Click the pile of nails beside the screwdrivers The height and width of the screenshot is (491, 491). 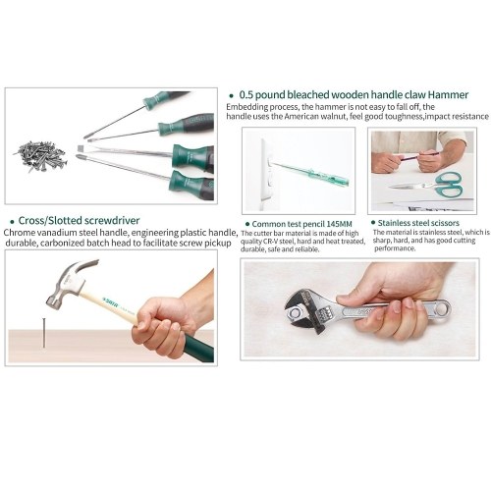point(40,156)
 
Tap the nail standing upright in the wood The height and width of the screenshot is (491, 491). point(44,333)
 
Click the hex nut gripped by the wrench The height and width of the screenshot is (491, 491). point(296,314)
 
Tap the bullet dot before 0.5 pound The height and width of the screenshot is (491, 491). point(232,96)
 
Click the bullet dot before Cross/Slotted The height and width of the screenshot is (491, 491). point(13,222)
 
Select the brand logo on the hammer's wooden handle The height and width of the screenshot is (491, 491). point(110,301)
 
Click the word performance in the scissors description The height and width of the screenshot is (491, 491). point(395,248)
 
